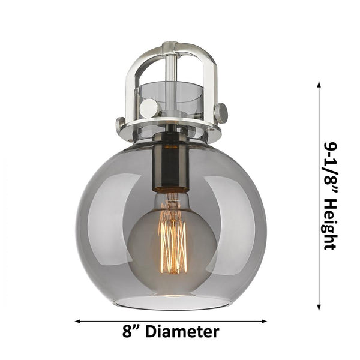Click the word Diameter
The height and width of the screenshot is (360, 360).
pyautogui.click(x=182, y=331)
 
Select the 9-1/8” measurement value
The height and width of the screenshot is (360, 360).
pyautogui.click(x=329, y=162)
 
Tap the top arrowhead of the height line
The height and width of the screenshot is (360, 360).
pyautogui.click(x=319, y=85)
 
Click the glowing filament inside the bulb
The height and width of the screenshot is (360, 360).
pyautogui.click(x=172, y=237)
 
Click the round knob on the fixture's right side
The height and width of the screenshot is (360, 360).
pyautogui.click(x=221, y=112)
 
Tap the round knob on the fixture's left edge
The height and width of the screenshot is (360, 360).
pyautogui.click(x=121, y=124)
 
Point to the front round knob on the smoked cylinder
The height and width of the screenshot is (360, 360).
pyautogui.click(x=149, y=109)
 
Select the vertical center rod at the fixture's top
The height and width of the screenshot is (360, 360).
pyautogui.click(x=171, y=66)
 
